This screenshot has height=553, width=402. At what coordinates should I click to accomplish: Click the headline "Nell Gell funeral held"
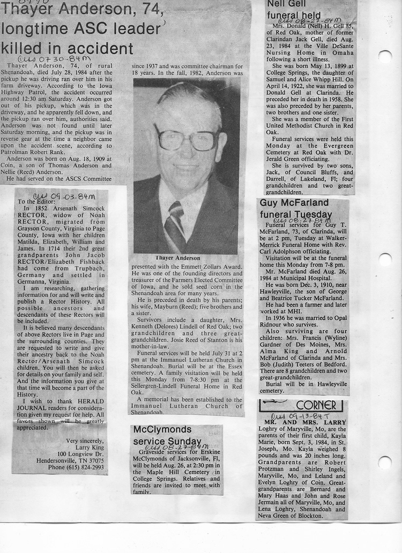294,10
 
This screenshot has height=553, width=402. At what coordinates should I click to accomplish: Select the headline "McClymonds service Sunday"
162,435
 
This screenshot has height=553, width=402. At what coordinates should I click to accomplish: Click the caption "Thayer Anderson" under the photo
178,258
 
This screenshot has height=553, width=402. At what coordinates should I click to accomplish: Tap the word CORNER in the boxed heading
316,405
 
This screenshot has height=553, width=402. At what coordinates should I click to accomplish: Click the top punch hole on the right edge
385,56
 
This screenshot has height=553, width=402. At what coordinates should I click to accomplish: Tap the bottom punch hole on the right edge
385,462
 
